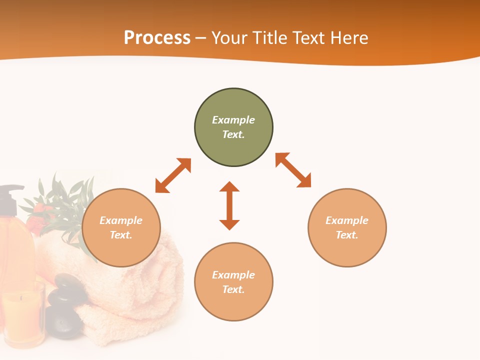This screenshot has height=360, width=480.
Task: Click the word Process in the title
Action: coord(157,38)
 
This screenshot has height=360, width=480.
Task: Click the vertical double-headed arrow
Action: coord(229,205)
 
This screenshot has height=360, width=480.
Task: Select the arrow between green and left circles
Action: coord(173,175)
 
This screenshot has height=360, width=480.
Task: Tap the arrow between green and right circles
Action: coord(293,170)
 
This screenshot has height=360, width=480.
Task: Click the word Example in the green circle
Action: coord(233,120)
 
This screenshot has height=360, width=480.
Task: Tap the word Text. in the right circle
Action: coord(347,235)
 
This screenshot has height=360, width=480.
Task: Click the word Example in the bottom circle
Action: coord(233,275)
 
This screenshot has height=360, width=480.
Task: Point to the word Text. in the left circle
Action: coord(121,235)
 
